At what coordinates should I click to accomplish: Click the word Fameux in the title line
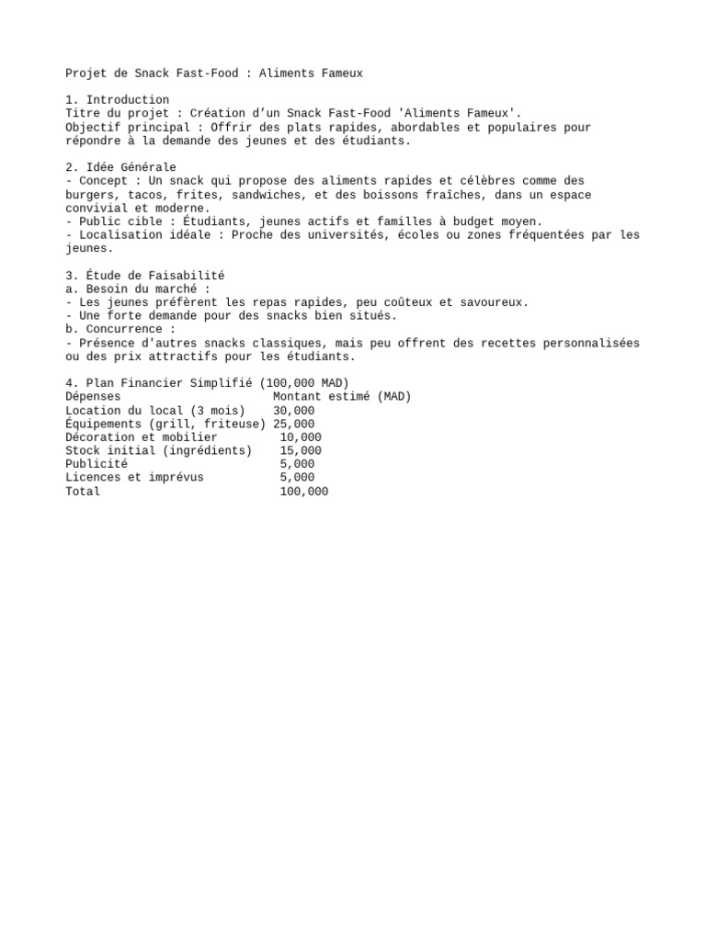pyautogui.click(x=339, y=74)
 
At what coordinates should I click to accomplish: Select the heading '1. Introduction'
pyautogui.click(x=118, y=100)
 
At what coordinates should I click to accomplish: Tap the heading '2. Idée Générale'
pyautogui.click(x=120, y=167)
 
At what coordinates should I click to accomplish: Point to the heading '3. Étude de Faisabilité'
pyautogui.click(x=145, y=276)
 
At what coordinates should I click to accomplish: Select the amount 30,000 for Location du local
pyautogui.click(x=294, y=411)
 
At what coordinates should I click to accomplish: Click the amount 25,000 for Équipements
pyautogui.click(x=294, y=424)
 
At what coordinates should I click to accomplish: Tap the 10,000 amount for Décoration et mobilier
pyautogui.click(x=301, y=437)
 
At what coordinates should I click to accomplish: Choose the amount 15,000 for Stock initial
pyautogui.click(x=301, y=451)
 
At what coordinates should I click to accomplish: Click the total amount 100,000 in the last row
pyautogui.click(x=304, y=492)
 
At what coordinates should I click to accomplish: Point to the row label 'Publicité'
pyautogui.click(x=97, y=464)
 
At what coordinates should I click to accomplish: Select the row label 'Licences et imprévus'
pyautogui.click(x=134, y=478)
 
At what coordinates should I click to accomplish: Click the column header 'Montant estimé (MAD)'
pyautogui.click(x=342, y=397)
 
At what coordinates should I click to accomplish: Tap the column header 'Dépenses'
pyautogui.click(x=93, y=397)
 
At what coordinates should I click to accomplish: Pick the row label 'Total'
pyautogui.click(x=83, y=492)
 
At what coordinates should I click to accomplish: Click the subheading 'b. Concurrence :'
pyautogui.click(x=120, y=329)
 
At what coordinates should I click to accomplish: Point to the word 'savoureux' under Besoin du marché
pyautogui.click(x=495, y=302)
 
